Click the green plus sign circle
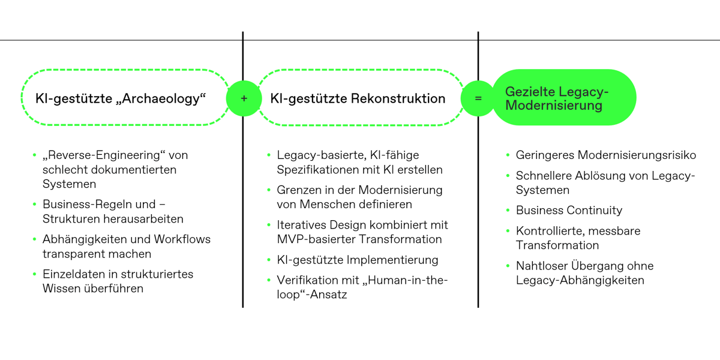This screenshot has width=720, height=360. pyautogui.click(x=244, y=98)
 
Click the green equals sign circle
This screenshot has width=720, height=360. pyautogui.click(x=478, y=98)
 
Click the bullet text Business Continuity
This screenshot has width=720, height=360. pyautogui.click(x=569, y=210)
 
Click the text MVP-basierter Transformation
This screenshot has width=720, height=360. pyautogui.click(x=359, y=239)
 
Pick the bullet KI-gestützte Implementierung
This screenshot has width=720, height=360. pyautogui.click(x=357, y=260)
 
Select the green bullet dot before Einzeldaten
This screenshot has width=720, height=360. pyautogui.click(x=35, y=274)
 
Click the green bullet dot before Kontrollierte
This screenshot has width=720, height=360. pyautogui.click(x=508, y=231)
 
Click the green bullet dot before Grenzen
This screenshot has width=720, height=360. pyautogui.click(x=269, y=190)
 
